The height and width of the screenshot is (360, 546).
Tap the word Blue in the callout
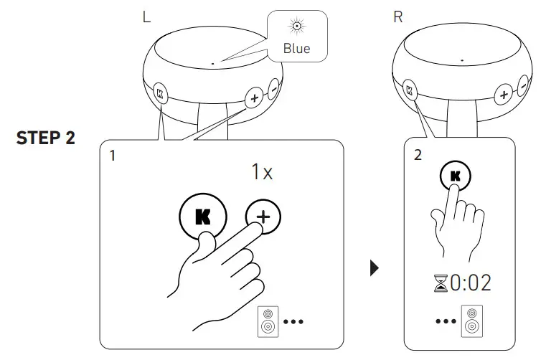(x=297, y=49)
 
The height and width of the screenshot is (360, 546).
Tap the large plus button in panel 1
(x=265, y=217)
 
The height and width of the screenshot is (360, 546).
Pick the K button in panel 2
(x=456, y=176)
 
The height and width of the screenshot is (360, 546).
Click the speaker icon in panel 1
(x=266, y=322)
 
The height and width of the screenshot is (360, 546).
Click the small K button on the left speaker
(x=159, y=93)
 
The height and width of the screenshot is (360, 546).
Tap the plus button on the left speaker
(x=253, y=97)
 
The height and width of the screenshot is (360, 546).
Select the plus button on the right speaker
(x=504, y=95)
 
